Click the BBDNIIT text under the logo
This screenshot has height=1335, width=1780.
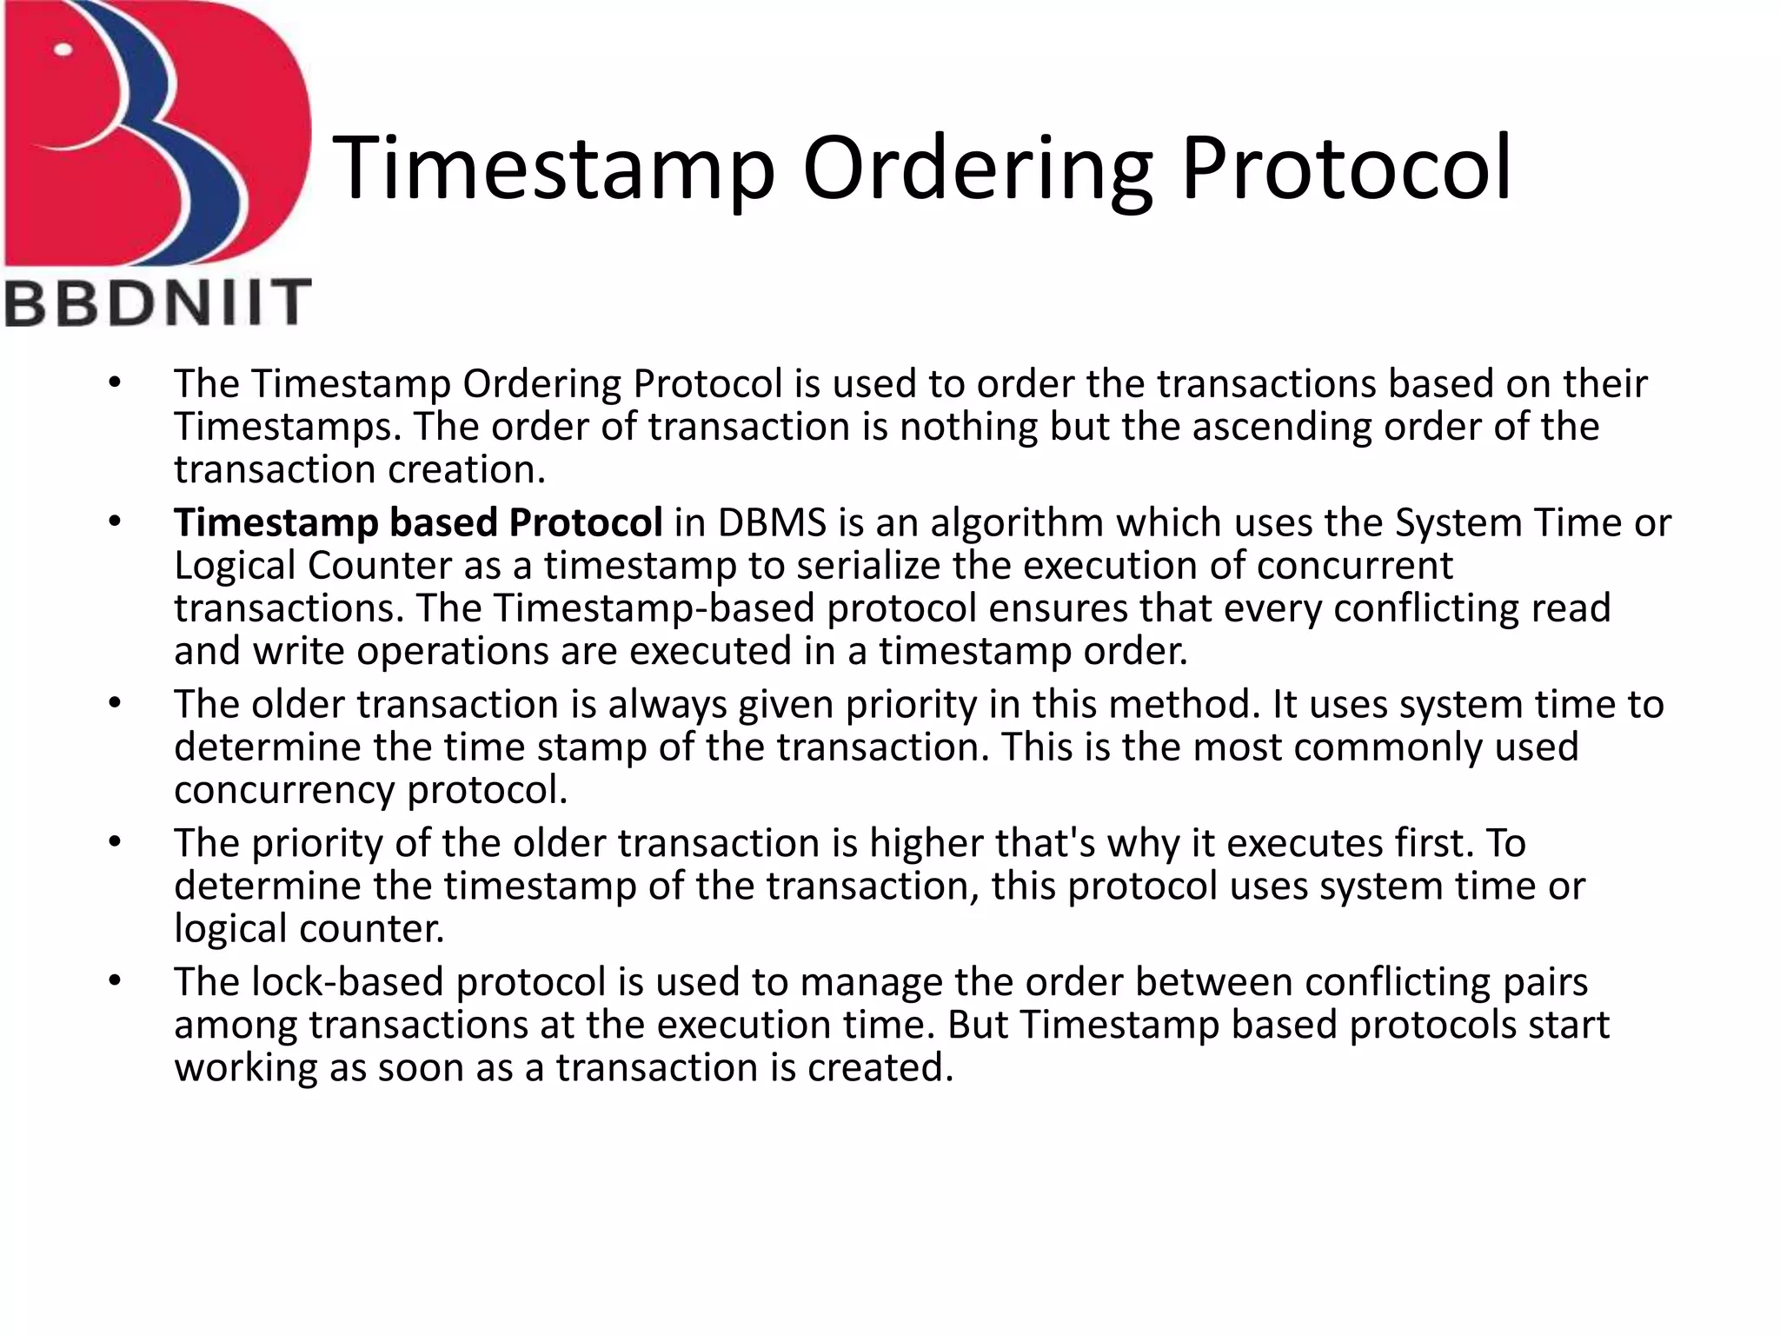(x=157, y=302)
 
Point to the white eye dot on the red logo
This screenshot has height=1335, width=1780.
(x=63, y=50)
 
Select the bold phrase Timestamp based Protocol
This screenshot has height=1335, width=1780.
(x=418, y=522)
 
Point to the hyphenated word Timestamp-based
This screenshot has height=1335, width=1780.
(x=654, y=608)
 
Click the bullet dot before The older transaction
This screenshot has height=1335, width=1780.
(x=115, y=704)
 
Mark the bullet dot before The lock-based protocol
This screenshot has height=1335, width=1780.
(x=115, y=982)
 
